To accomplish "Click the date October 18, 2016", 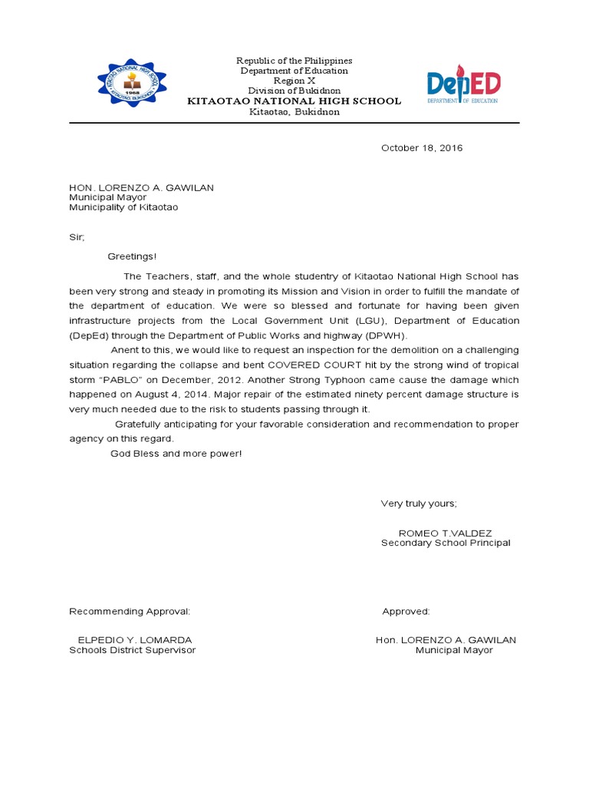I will click(422, 148).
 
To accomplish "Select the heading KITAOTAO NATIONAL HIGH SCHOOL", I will click(294, 101).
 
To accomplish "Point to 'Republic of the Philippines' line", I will click(294, 61).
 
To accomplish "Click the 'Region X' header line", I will click(294, 81).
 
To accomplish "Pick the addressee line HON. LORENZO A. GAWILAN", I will click(142, 187).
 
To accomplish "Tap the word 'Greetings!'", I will click(132, 256).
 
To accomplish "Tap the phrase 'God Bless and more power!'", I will click(176, 454).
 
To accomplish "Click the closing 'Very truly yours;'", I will click(419, 504).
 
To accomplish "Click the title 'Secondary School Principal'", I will click(446, 543).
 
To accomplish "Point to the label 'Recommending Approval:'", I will click(130, 612).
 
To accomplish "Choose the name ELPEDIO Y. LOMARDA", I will click(135, 640).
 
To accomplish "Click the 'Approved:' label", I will click(406, 612).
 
